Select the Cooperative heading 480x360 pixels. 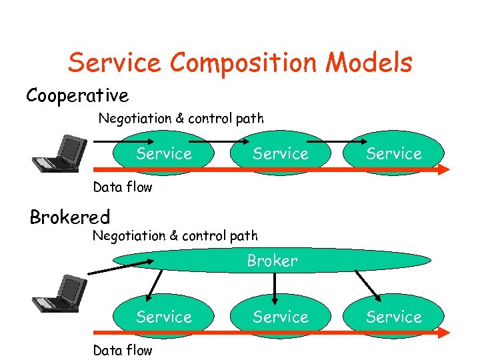[x=77, y=96]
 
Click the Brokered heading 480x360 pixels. [x=70, y=217]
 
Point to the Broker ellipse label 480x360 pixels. [x=272, y=261]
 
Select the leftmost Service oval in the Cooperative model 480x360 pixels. [x=163, y=153]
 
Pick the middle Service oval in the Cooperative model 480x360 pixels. [x=280, y=153]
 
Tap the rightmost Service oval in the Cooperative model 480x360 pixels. [x=394, y=153]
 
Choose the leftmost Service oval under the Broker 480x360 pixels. [x=163, y=317]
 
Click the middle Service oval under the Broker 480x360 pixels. [x=280, y=317]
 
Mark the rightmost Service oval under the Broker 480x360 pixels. [x=394, y=317]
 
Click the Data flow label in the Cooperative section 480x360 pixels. [x=123, y=187]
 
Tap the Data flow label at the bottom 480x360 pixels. [x=123, y=350]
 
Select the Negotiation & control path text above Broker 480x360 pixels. [x=175, y=235]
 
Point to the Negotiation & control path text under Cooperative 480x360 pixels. [x=181, y=119]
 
